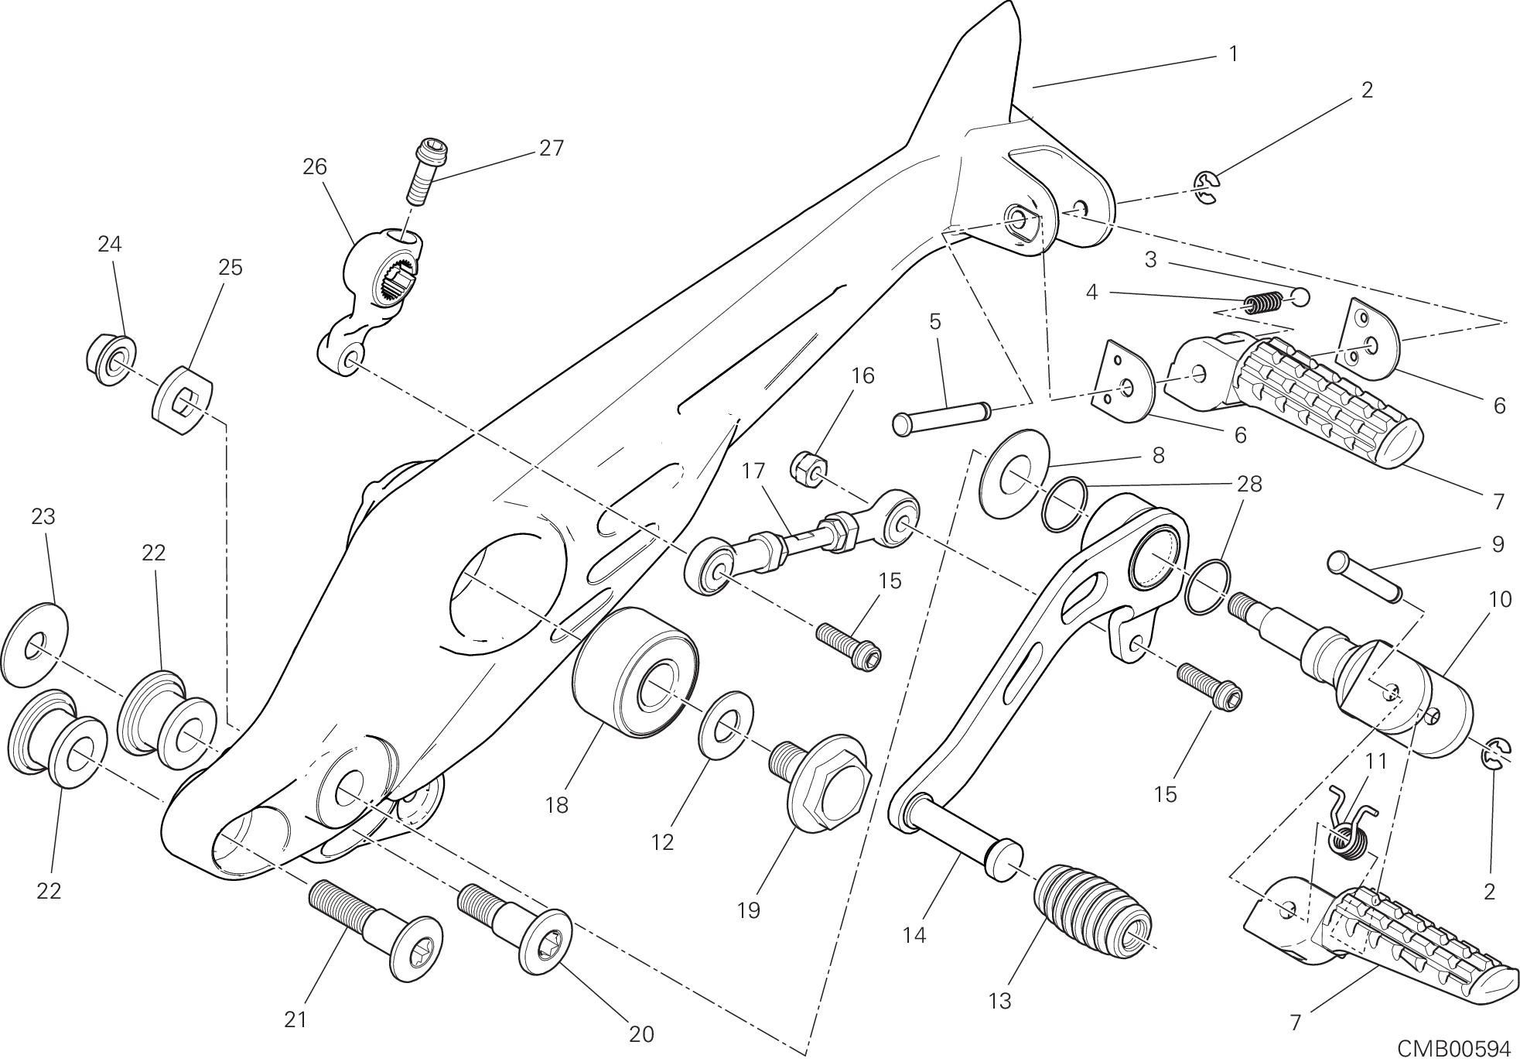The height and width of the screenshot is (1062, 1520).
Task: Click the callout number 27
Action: tap(551, 147)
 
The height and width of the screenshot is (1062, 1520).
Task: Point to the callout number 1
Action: tap(1233, 53)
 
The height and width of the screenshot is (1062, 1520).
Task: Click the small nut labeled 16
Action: tap(809, 468)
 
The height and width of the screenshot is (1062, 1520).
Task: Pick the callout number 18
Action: tap(556, 805)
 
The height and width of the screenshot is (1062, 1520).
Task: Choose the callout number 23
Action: tap(43, 516)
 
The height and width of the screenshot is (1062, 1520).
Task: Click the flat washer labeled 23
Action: tap(35, 644)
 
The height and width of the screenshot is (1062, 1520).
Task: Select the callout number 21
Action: tap(295, 1019)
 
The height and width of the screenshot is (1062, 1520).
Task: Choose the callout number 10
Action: tap(1499, 598)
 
